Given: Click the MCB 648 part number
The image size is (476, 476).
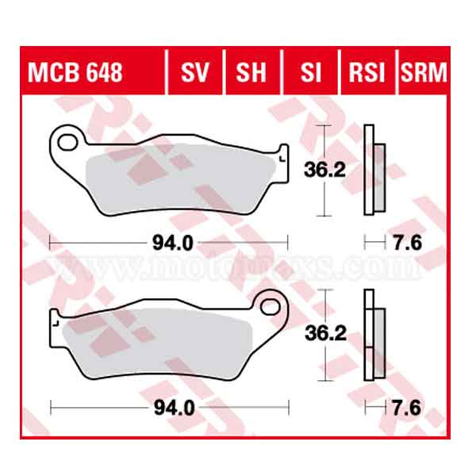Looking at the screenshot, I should (x=76, y=74).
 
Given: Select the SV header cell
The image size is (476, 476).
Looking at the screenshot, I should (x=194, y=74).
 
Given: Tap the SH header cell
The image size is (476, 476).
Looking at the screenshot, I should (x=251, y=74).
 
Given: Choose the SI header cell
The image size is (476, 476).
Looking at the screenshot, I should (x=310, y=74).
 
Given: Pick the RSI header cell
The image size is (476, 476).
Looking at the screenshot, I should (x=367, y=74).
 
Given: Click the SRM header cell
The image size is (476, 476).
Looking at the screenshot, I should (x=424, y=74).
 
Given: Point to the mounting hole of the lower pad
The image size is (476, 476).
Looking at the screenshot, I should (x=273, y=305).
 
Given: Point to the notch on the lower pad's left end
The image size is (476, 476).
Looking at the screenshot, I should (x=56, y=322).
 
